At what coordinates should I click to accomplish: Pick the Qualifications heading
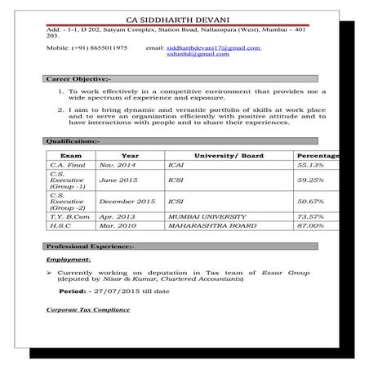click(x=73, y=141)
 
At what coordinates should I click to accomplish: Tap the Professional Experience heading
click(x=90, y=246)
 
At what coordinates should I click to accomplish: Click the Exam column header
click(x=71, y=155)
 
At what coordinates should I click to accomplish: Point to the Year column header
click(x=130, y=155)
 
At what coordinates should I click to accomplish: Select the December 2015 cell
click(x=127, y=201)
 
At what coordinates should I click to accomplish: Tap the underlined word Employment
click(x=69, y=259)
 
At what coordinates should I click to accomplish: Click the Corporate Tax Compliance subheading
click(x=88, y=310)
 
